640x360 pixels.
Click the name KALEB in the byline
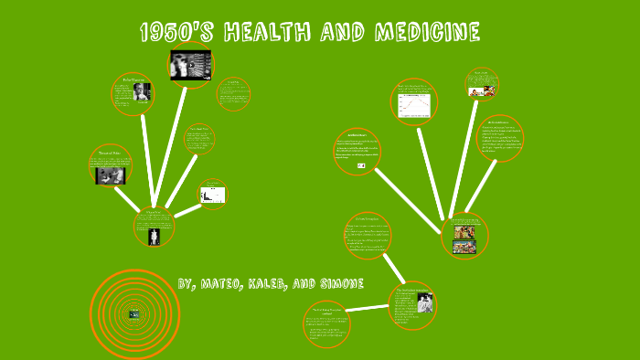285,283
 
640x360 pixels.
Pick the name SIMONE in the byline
339,283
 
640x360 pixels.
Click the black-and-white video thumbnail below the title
190,65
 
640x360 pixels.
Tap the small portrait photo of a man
141,92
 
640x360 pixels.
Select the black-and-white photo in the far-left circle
111,175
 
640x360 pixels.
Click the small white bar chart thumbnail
213,194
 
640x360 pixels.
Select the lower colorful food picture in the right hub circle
464,247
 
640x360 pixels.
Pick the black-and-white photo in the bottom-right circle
425,303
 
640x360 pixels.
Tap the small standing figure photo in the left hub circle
154,235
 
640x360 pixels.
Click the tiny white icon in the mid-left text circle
362,165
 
